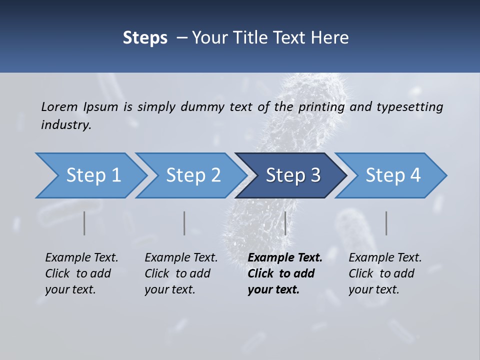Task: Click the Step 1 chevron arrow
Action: (93, 175)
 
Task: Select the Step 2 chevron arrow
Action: (193, 175)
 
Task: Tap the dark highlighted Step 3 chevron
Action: (293, 175)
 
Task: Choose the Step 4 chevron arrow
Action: (393, 175)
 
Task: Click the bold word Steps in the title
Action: (145, 37)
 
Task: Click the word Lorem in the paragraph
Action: (59, 106)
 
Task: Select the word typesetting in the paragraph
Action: (410, 106)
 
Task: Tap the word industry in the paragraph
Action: (66, 125)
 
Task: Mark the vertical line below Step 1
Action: (84, 223)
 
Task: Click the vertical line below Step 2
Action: (184, 223)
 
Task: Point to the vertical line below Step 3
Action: (285, 223)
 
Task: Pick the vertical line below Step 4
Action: (386, 223)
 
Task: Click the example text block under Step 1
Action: (81, 273)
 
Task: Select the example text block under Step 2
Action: (181, 273)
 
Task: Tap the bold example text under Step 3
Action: (285, 273)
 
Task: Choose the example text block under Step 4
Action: (385, 273)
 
